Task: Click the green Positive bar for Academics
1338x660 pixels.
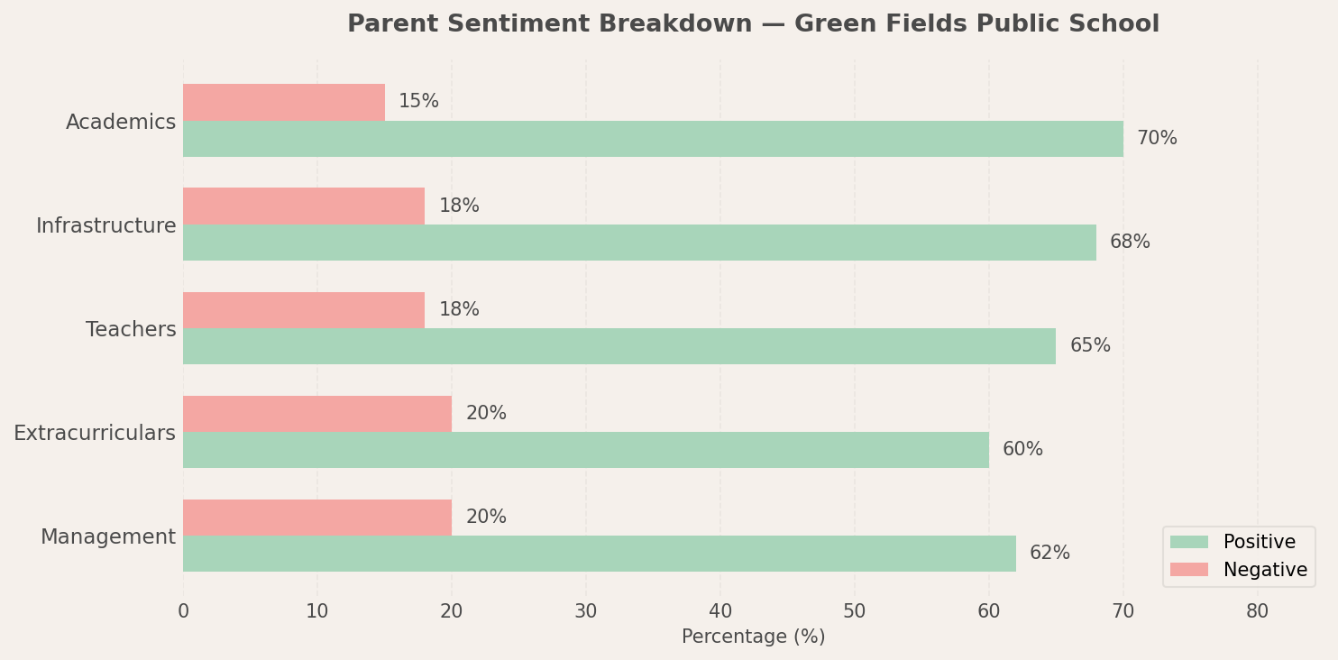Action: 653,139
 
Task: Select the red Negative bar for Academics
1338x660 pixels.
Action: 284,102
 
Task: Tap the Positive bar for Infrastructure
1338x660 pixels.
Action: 639,243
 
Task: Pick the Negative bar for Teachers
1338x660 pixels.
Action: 304,310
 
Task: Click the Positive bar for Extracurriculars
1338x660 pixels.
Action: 586,450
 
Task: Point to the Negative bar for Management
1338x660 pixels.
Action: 317,518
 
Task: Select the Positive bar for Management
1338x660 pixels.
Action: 600,554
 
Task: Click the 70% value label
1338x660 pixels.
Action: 1157,139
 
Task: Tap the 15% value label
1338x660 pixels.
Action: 418,102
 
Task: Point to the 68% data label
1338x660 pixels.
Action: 1130,243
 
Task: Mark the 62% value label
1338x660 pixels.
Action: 1049,554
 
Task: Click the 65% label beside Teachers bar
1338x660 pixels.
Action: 1090,346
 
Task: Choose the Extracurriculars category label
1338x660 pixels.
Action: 95,434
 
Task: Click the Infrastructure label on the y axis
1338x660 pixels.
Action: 106,226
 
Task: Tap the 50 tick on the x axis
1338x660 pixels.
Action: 854,611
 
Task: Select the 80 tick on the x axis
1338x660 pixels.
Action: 1257,611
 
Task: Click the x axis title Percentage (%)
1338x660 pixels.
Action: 753,637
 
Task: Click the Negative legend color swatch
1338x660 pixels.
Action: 1188,570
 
